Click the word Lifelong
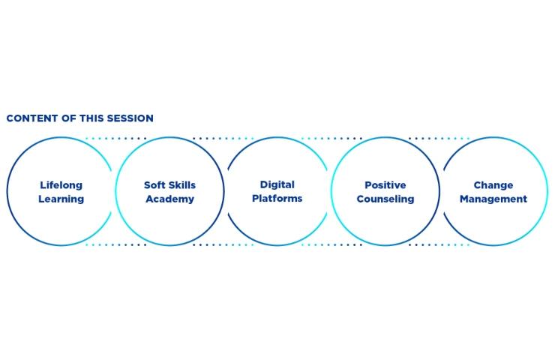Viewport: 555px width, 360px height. [x=61, y=185]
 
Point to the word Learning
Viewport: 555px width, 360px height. [x=61, y=199]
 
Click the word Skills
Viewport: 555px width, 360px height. [x=182, y=185]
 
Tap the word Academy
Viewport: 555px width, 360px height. [x=170, y=199]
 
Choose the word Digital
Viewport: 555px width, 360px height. [x=277, y=184]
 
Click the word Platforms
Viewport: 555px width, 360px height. [x=277, y=198]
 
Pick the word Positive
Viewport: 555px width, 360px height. [x=385, y=185]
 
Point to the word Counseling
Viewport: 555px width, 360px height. [x=385, y=199]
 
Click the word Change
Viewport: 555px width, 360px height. [x=493, y=185]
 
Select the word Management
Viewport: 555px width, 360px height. [x=493, y=199]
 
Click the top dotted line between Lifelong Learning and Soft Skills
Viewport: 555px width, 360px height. [x=115, y=139]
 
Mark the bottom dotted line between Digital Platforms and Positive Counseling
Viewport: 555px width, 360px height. [x=331, y=244]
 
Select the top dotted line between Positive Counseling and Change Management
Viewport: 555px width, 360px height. [x=439, y=139]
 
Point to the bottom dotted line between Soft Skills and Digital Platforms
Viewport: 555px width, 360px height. [x=223, y=244]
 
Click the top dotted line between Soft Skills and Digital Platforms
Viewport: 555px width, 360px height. [x=223, y=139]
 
